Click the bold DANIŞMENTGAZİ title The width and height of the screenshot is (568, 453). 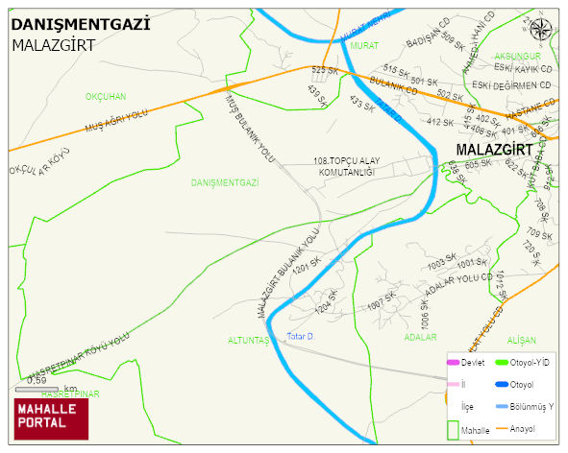pyautogui.click(x=81, y=24)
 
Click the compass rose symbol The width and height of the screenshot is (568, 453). pyautogui.click(x=543, y=29)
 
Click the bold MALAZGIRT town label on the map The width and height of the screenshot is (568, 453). pyautogui.click(x=493, y=151)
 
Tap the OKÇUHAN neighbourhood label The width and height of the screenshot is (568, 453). pyautogui.click(x=106, y=97)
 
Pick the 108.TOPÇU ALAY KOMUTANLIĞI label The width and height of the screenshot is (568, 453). pyautogui.click(x=343, y=165)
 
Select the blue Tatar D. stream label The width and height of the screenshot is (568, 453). pyautogui.click(x=301, y=336)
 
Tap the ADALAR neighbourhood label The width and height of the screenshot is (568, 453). pyautogui.click(x=420, y=337)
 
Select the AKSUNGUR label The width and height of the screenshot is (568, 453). pyautogui.click(x=518, y=57)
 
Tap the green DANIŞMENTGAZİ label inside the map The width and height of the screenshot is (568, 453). pyautogui.click(x=226, y=182)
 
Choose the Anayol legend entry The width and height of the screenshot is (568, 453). pyautogui.click(x=528, y=428)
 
